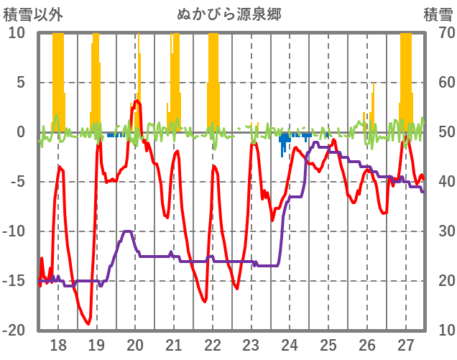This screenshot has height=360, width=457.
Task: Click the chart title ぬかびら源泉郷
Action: tap(229, 14)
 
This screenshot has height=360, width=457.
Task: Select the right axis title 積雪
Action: tap(438, 14)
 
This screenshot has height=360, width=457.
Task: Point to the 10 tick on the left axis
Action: tap(17, 33)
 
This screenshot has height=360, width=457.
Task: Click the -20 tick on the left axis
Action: tap(14, 331)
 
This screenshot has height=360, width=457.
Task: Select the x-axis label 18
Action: tap(58, 344)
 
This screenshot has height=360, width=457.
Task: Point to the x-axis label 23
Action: tap(251, 344)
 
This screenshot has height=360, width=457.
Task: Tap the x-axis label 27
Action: tap(406, 344)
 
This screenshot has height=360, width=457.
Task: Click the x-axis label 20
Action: tap(136, 344)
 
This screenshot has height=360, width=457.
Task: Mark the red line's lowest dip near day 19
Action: tap(88, 323)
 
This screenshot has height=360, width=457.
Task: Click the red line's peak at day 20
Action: tap(136, 101)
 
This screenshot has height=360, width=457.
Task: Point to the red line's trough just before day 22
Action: tap(205, 301)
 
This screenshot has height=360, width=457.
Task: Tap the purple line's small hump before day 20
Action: tap(127, 231)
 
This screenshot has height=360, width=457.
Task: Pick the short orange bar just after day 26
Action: tap(373, 108)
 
